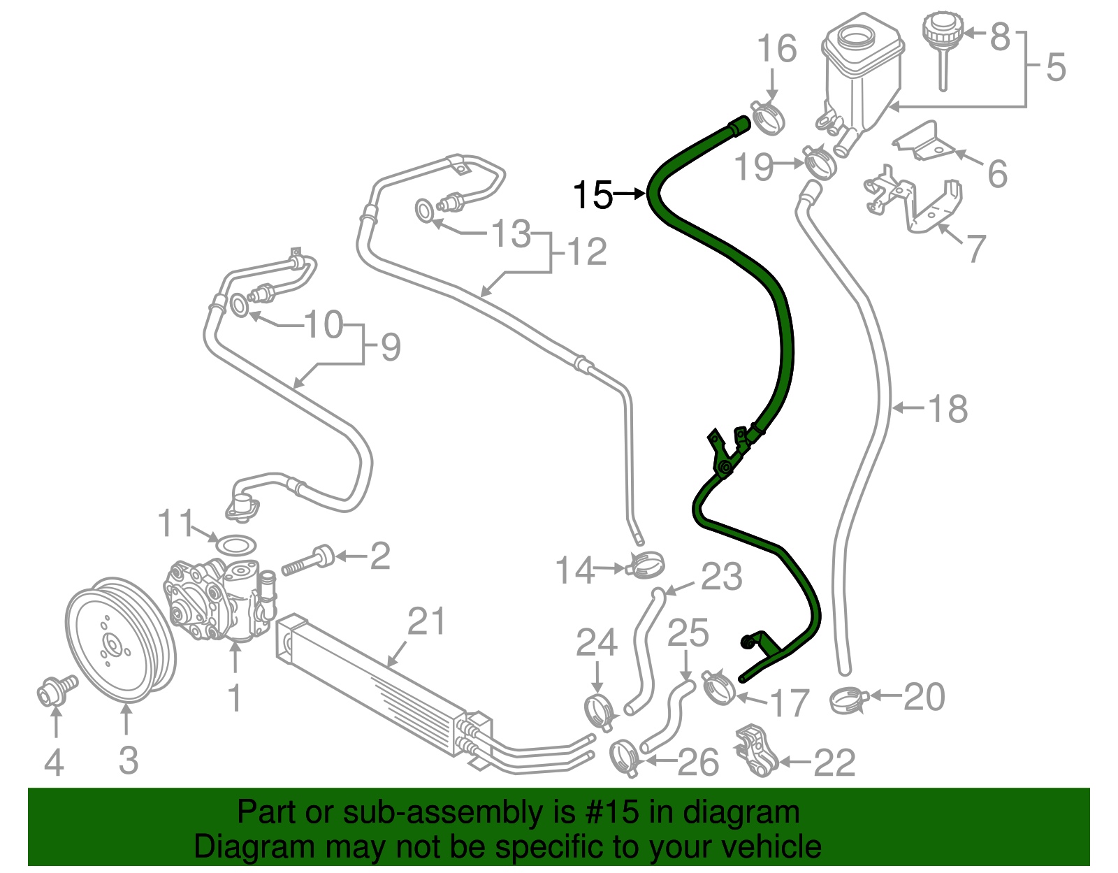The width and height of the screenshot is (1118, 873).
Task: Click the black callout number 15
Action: click(x=593, y=195)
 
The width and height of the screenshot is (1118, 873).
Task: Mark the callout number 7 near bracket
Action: click(x=975, y=247)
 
